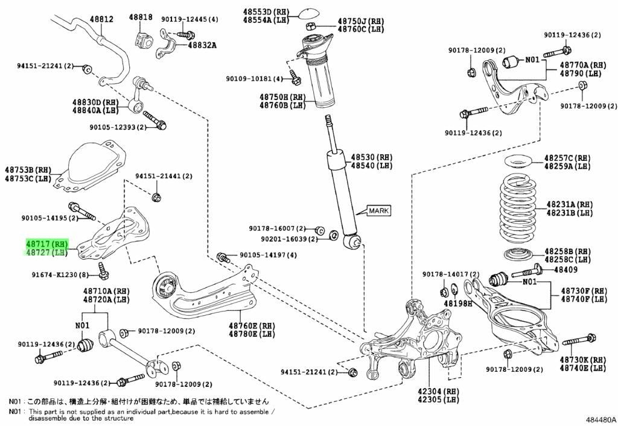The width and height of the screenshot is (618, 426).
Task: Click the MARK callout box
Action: [x=379, y=210]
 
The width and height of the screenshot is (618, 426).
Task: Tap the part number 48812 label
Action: [x=101, y=19]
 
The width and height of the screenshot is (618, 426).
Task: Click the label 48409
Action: [x=566, y=269]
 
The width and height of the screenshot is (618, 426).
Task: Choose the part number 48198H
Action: [x=457, y=303]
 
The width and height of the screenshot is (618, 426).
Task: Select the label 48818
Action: [x=141, y=17]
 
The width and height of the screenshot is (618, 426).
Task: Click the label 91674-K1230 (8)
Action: [x=60, y=275]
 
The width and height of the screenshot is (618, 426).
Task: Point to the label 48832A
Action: [x=202, y=45]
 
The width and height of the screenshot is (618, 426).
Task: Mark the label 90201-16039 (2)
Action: [x=289, y=239]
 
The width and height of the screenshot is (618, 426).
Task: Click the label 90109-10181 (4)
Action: [x=255, y=79]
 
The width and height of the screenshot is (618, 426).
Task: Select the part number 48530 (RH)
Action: [x=372, y=157]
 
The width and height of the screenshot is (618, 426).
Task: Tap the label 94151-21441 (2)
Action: [x=164, y=176]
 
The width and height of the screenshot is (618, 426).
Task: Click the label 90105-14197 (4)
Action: [x=269, y=255]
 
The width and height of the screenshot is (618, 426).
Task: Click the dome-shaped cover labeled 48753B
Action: [x=90, y=166]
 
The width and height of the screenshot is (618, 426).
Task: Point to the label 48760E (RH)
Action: [x=252, y=326]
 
